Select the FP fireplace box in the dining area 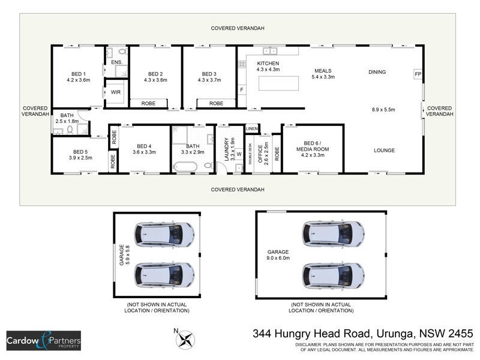click(x=417, y=74)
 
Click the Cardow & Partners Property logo click(x=43, y=340)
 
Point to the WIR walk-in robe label click(x=116, y=92)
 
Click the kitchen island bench click(x=279, y=83)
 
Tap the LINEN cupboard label click(x=251, y=129)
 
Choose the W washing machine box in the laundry click(x=238, y=154)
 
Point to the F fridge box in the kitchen click(x=242, y=90)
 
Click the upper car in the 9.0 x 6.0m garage click(x=333, y=233)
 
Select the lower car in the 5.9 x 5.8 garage click(x=164, y=274)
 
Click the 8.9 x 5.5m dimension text click(x=385, y=110)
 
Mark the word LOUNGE click(x=385, y=150)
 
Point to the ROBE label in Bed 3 click(x=216, y=103)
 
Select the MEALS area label click(x=322, y=70)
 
